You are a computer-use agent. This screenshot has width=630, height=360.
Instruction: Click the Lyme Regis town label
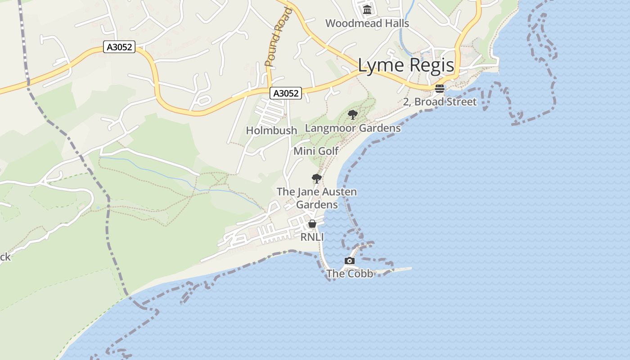click(406, 66)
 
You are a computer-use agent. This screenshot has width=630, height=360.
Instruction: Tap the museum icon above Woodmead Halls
click(367, 9)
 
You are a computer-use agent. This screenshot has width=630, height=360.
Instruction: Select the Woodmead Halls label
click(367, 23)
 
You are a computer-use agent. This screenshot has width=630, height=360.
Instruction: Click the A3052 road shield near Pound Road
click(286, 93)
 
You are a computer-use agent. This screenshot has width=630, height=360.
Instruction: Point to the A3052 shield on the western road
click(119, 47)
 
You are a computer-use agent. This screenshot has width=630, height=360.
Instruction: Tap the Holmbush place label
click(271, 130)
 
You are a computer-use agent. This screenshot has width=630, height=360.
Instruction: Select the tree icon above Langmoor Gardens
click(353, 115)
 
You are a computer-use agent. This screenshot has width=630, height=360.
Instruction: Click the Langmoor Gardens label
click(353, 128)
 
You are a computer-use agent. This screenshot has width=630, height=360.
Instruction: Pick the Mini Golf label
click(316, 151)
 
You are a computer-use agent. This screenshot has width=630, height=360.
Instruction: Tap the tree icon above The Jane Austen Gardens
click(317, 179)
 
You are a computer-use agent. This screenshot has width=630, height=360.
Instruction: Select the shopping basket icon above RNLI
click(312, 224)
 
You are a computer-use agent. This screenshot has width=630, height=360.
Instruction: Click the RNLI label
click(312, 237)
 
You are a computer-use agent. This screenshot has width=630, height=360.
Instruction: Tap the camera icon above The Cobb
click(350, 261)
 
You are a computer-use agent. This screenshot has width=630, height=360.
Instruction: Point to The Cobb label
click(350, 274)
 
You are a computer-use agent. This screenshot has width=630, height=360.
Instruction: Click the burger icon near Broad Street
click(440, 89)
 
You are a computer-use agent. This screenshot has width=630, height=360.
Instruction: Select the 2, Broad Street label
click(440, 102)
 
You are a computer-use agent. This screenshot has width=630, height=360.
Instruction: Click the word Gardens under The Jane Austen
click(317, 205)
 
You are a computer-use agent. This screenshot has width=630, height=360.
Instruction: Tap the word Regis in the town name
click(432, 66)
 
